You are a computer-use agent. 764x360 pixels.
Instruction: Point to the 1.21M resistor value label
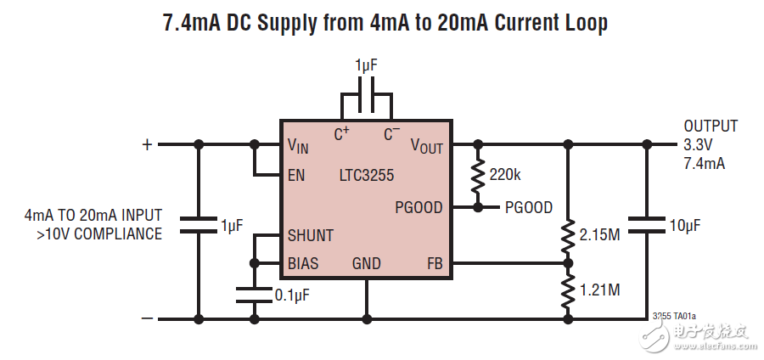pos(599,290)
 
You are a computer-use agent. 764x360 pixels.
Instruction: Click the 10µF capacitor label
pos(685,226)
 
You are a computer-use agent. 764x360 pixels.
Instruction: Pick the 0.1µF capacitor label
pos(291,295)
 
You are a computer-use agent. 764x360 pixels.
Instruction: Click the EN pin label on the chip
pos(296,176)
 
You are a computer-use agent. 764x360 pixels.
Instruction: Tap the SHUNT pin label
pos(310,235)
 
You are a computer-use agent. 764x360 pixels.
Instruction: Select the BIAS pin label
pos(303,263)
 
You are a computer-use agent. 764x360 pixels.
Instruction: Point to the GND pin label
pos(367,263)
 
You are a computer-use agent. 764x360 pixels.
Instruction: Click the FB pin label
pos(435,263)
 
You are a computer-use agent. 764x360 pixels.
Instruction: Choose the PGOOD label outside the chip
pos(529,207)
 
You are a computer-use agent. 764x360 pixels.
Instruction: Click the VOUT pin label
pos(427,146)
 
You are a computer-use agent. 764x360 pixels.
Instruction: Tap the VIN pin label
pos(298,146)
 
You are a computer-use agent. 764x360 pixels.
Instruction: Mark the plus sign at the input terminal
pos(147,144)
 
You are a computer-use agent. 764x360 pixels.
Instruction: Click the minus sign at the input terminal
pos(147,318)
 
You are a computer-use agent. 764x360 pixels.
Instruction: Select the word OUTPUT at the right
pos(711,127)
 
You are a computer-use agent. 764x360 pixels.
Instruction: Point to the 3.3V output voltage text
pos(699,144)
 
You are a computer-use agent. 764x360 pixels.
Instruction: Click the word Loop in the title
pos(581,24)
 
